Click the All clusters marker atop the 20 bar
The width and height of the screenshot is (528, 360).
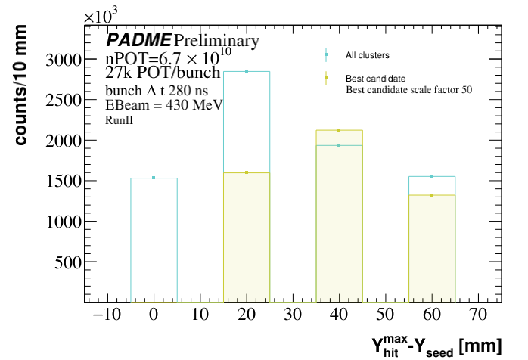pos(247,71)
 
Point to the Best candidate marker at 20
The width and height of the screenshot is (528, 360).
pos(247,172)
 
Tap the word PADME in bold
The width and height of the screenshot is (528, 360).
pos(138,40)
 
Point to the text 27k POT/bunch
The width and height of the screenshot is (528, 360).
pos(162,73)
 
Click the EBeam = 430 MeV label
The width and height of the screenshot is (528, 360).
pos(163,105)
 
